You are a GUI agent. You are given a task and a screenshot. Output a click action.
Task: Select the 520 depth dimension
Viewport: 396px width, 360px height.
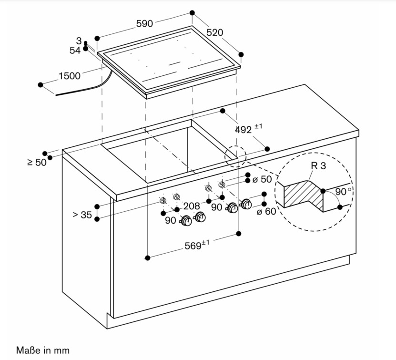tap(214, 33)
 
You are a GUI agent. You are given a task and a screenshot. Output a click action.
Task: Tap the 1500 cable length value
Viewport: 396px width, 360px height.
tap(70, 76)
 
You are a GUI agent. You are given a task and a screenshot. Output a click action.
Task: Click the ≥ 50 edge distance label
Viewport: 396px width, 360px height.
tap(37, 162)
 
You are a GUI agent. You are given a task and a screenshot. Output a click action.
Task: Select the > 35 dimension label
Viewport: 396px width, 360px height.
tap(82, 215)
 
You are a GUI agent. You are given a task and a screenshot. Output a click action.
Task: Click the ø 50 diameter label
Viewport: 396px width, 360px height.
tap(262, 179)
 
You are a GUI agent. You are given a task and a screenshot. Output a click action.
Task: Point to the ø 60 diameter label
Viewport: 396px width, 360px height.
tap(266, 211)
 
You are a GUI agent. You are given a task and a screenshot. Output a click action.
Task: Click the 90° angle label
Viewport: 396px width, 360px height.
tap(343, 192)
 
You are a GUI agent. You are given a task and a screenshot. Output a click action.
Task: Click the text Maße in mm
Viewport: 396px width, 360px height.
tap(43, 350)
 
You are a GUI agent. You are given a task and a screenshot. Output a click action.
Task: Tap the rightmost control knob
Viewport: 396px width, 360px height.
tap(246, 205)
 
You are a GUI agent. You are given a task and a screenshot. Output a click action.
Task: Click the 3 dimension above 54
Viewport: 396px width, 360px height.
tap(79, 41)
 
